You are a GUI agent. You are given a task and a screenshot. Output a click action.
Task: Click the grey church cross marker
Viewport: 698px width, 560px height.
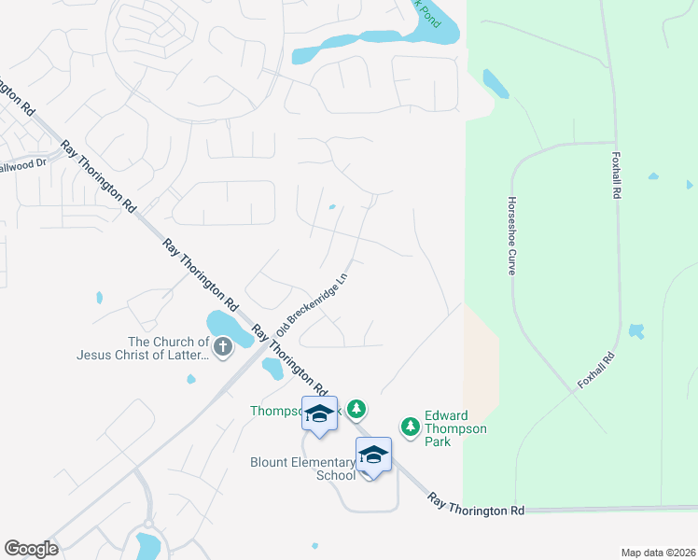click(222, 347)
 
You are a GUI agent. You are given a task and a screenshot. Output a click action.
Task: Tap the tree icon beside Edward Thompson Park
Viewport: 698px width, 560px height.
click(410, 427)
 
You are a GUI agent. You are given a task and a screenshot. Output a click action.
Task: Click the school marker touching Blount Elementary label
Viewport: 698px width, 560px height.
click(373, 455)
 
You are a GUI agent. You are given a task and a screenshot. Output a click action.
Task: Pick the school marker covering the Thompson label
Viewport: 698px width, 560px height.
click(319, 414)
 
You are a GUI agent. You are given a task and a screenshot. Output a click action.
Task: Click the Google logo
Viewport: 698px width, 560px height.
click(31, 549)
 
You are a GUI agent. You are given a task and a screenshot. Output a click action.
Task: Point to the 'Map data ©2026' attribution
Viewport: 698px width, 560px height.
click(657, 552)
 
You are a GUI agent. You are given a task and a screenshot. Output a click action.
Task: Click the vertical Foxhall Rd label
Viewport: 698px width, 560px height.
click(616, 175)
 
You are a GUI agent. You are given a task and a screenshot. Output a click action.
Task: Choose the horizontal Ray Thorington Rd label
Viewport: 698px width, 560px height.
click(476, 508)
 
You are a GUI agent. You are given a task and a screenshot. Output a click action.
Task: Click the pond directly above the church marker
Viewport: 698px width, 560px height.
click(222, 323)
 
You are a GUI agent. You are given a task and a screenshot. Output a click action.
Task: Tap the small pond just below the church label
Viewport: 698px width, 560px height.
click(190, 379)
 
